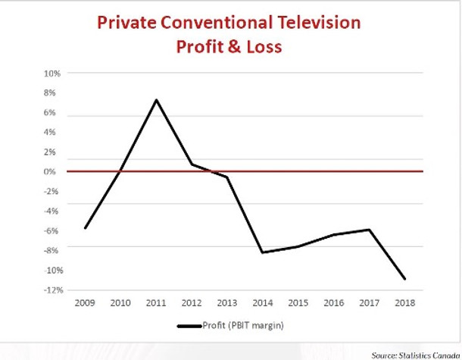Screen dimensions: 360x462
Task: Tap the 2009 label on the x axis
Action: tap(85, 303)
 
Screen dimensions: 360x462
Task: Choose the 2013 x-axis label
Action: tap(227, 303)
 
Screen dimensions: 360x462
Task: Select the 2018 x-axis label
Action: tap(405, 303)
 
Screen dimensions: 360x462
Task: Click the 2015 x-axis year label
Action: tap(298, 303)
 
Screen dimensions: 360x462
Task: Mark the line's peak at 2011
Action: tap(156, 99)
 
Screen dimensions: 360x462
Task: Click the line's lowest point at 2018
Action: tap(405, 279)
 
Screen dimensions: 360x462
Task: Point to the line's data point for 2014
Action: tap(263, 252)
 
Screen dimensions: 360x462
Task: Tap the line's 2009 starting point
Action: tap(85, 227)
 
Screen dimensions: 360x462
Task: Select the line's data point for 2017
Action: tap(370, 230)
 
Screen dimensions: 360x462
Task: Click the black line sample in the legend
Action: tap(189, 327)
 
